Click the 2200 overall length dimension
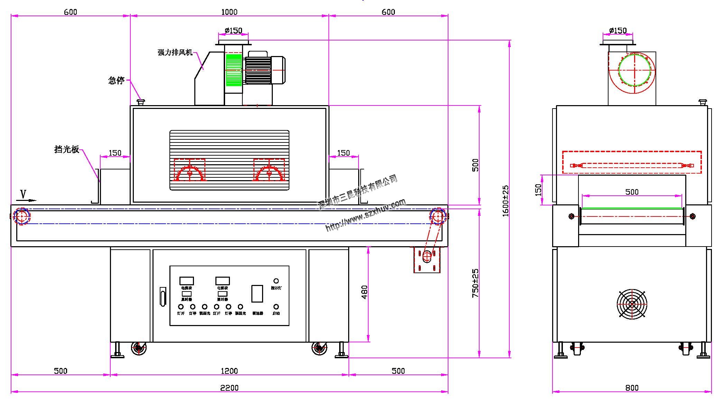click(229, 388)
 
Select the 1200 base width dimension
click(229, 371)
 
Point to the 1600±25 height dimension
click(505, 201)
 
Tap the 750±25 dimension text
click(475, 283)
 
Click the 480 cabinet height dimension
click(364, 292)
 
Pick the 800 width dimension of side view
click(632, 388)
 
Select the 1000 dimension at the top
click(229, 12)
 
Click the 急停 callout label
click(116, 81)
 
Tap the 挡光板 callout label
click(67, 149)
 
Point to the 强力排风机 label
click(175, 53)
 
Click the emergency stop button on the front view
click(141, 102)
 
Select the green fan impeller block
click(233, 70)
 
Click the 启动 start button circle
click(276, 307)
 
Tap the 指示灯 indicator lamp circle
click(276, 281)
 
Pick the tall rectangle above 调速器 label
click(257, 294)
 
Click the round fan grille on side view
click(632, 304)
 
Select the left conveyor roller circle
click(22, 216)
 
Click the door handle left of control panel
click(163, 296)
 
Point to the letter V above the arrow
click(23, 194)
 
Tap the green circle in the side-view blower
click(634, 70)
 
